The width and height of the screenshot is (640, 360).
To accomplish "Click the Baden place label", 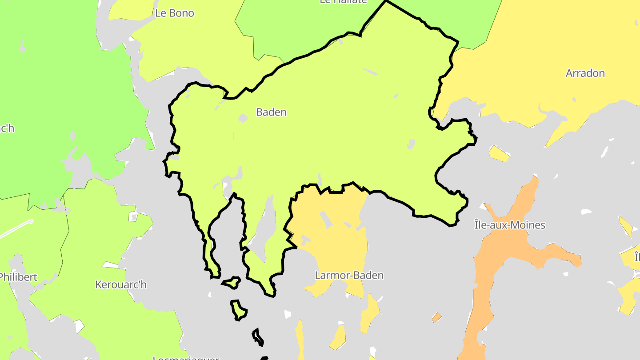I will point(271,112).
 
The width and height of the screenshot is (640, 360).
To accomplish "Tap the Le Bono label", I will point(175,13).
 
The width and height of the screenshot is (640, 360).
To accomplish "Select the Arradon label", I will point(585,73).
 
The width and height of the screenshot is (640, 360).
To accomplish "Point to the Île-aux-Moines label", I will point(509,225).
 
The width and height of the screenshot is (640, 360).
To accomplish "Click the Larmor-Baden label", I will point(349,275).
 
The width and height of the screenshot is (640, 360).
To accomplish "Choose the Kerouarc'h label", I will point(121,284).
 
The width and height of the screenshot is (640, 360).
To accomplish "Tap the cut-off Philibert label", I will point(18,277).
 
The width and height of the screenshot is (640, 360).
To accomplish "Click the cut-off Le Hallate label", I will point(343,2).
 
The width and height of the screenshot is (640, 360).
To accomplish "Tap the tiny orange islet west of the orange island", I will point(437,317).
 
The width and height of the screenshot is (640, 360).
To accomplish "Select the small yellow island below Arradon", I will point(499,153).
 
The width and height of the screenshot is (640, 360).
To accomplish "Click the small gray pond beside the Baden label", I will point(243,118).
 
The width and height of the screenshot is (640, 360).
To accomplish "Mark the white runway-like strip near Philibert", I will point(16,228).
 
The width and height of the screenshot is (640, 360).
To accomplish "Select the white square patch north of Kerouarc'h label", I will point(133,216).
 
